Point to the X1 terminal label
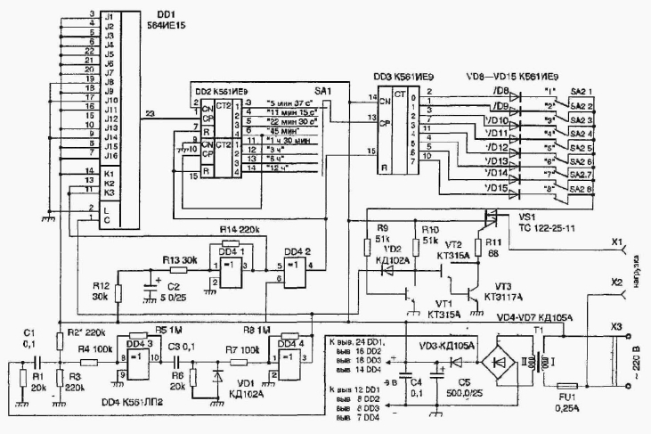pos(613,241)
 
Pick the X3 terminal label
pos(614,327)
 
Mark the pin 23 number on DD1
pos(149,111)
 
